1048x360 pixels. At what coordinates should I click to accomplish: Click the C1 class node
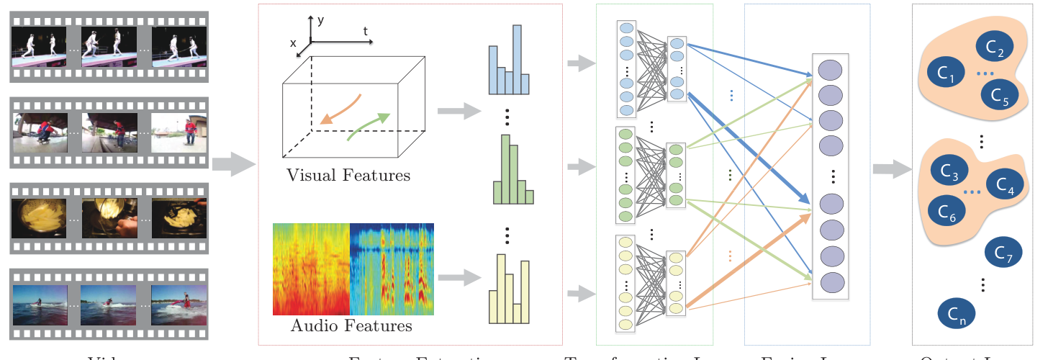pyautogui.click(x=945, y=72)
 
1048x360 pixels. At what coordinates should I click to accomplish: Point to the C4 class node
pyautogui.click(x=1005, y=188)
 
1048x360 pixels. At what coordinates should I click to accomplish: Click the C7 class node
pyautogui.click(x=1003, y=252)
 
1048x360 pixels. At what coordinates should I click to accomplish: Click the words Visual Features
pyautogui.click(x=348, y=175)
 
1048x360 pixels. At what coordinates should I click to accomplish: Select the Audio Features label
pyautogui.click(x=351, y=326)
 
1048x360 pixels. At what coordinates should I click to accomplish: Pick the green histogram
pyautogui.click(x=513, y=171)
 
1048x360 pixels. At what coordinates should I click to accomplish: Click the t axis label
pyautogui.click(x=366, y=32)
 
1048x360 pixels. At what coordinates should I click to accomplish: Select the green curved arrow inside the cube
pyautogui.click(x=368, y=125)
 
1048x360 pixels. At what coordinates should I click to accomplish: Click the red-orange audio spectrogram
pyautogui.click(x=311, y=269)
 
